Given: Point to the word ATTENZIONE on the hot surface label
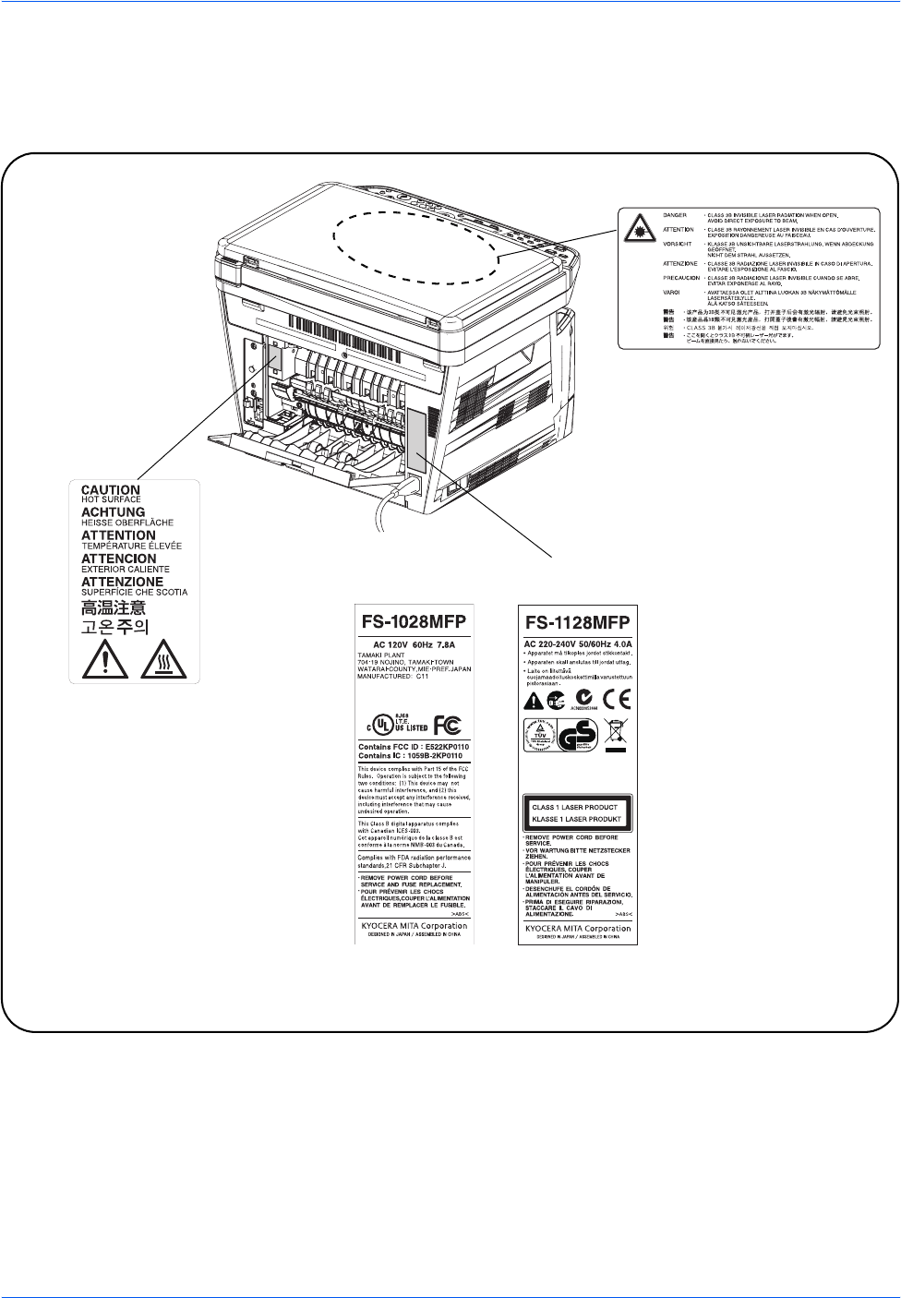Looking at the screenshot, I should (x=122, y=582).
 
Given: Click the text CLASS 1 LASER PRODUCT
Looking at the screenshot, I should (x=575, y=807).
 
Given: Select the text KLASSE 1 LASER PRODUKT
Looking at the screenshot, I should (x=575, y=819).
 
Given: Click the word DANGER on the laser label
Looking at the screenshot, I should (x=675, y=214).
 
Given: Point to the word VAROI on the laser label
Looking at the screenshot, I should (x=671, y=293).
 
